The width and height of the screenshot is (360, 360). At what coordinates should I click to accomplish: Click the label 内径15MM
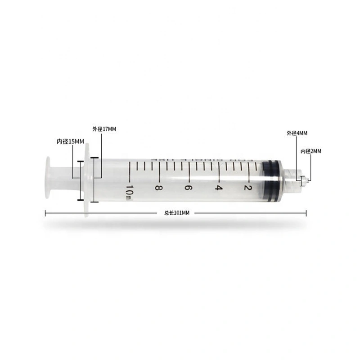70,141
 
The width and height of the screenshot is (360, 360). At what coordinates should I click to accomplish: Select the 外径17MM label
104,129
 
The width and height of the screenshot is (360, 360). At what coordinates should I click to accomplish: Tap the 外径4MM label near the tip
297,133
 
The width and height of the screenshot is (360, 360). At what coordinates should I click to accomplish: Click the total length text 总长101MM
177,213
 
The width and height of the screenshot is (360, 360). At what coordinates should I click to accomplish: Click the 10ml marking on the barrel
129,191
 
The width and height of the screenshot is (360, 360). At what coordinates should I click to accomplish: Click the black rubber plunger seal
271,180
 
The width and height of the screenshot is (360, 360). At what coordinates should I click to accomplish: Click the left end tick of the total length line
45,213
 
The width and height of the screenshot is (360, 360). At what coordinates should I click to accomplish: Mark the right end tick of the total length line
306,213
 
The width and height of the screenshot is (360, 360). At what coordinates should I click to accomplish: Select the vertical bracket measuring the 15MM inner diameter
80,180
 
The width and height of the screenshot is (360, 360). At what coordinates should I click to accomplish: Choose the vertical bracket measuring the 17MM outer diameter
94,180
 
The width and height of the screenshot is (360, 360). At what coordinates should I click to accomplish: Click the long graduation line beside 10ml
129,171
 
